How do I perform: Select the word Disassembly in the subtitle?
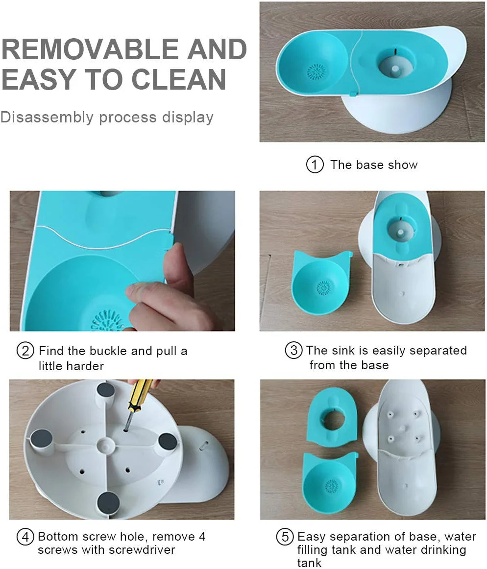coord(47,118)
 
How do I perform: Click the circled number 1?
coord(315,165)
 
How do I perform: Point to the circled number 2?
coord(25,351)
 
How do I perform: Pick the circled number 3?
coord(293,351)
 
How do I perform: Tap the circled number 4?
coord(25,537)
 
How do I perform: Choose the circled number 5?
coord(285,537)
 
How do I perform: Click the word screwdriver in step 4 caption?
coord(142,550)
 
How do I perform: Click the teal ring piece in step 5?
coord(333,419)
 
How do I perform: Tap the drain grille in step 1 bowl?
coord(317,72)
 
